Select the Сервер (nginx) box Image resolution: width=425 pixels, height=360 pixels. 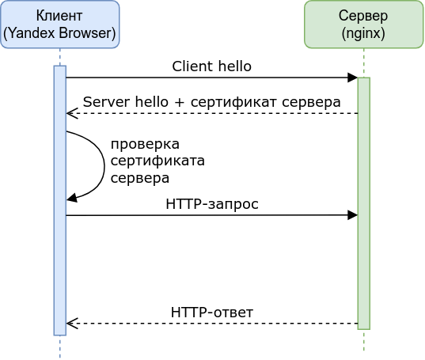(x=363, y=25)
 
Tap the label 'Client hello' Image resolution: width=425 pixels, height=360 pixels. (x=212, y=66)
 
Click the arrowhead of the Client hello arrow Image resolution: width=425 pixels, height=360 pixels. (x=353, y=78)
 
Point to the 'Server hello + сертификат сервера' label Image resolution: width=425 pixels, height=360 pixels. (x=211, y=102)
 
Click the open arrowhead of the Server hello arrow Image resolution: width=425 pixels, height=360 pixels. (x=70, y=114)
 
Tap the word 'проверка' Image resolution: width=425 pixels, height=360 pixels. (x=145, y=144)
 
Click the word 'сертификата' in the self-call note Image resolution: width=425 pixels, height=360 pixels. (x=157, y=161)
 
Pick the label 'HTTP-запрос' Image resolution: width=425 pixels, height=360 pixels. (x=212, y=203)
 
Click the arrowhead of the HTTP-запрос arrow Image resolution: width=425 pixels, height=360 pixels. (x=353, y=214)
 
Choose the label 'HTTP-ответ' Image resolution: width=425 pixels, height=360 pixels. (x=212, y=313)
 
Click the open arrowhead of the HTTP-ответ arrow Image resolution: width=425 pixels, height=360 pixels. (x=70, y=324)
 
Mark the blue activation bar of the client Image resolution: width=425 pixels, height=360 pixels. (x=59, y=261)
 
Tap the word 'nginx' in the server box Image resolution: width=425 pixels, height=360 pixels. (x=363, y=33)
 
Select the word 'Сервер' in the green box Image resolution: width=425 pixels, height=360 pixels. (x=363, y=16)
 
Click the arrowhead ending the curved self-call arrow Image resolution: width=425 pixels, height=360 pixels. (x=71, y=199)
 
